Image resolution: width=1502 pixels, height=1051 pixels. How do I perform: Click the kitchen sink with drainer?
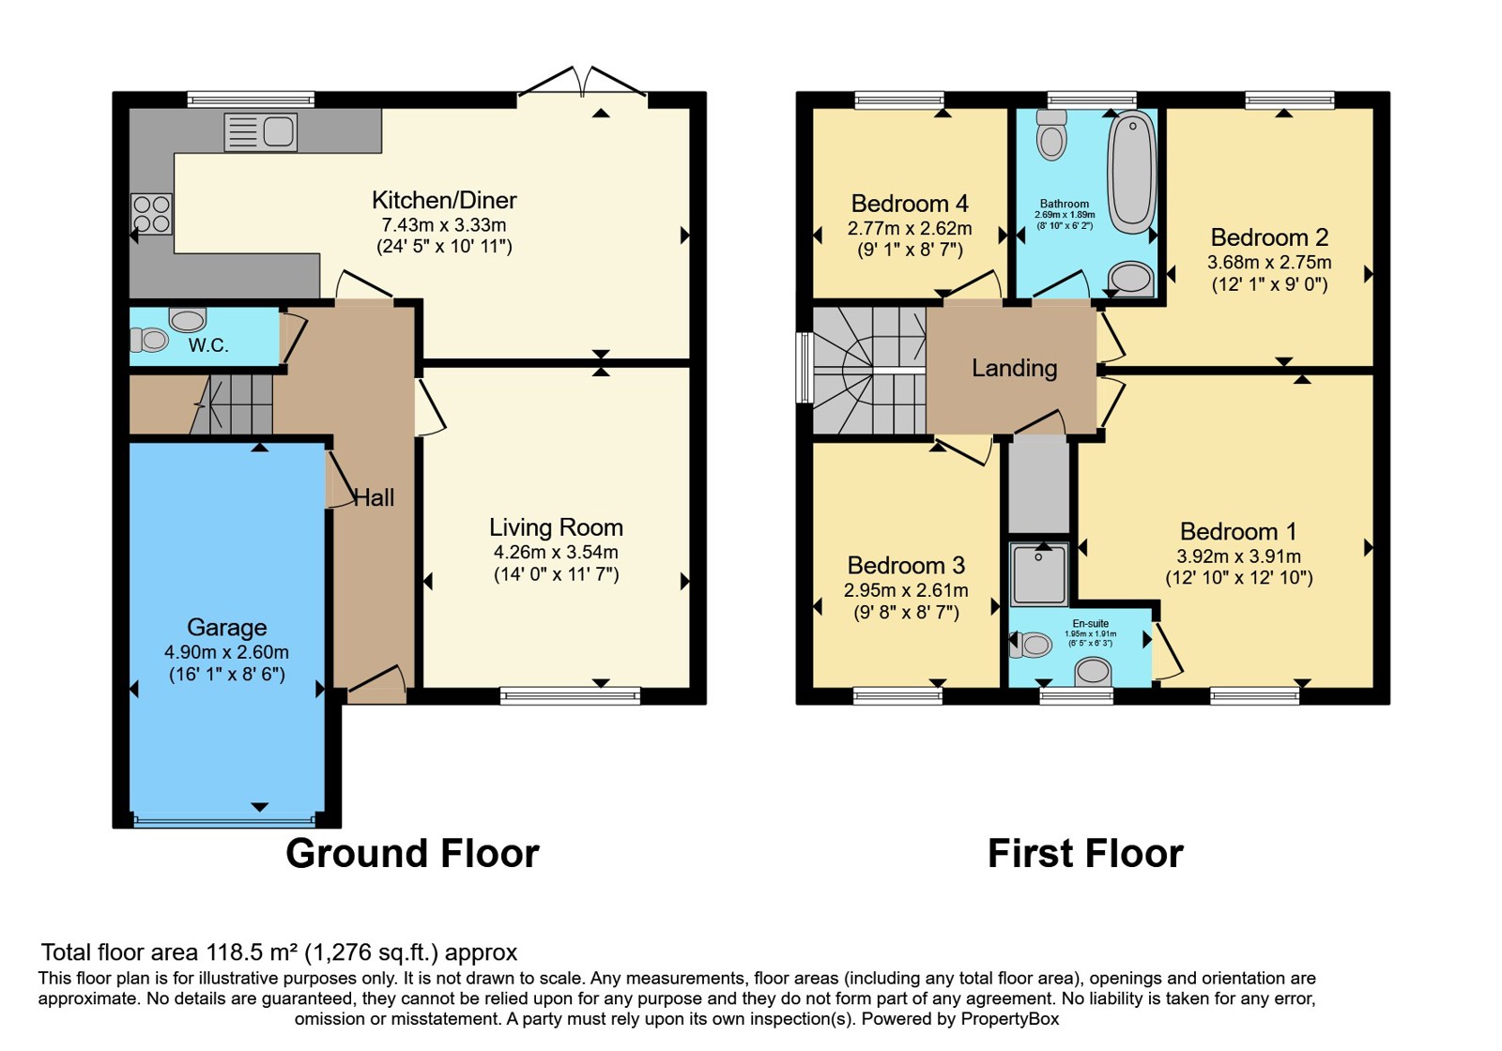260,132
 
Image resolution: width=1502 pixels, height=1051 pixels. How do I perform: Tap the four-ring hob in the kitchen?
151,214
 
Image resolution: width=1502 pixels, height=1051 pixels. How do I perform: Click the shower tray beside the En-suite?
1039,574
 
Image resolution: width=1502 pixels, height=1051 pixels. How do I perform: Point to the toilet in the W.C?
148,340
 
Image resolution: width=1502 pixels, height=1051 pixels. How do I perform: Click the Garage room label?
226,628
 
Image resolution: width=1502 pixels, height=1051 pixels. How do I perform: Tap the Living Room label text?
556,527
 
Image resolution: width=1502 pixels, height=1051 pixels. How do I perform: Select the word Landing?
1015,368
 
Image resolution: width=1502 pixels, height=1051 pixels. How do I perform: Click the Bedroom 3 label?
906,565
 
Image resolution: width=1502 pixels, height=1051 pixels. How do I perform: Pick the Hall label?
374,497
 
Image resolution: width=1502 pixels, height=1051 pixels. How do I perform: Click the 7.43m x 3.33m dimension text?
444,224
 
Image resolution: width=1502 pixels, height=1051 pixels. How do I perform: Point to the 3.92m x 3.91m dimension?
1238,556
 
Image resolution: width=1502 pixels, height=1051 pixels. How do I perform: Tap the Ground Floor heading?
412,853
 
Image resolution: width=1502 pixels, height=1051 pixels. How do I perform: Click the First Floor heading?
1085,853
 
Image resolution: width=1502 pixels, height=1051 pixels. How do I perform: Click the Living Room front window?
570,695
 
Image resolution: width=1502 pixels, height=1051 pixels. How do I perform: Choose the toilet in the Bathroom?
1051,134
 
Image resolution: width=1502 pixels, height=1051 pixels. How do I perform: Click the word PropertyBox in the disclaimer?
1010,1019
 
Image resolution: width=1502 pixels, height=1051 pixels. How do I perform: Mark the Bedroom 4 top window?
899,100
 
